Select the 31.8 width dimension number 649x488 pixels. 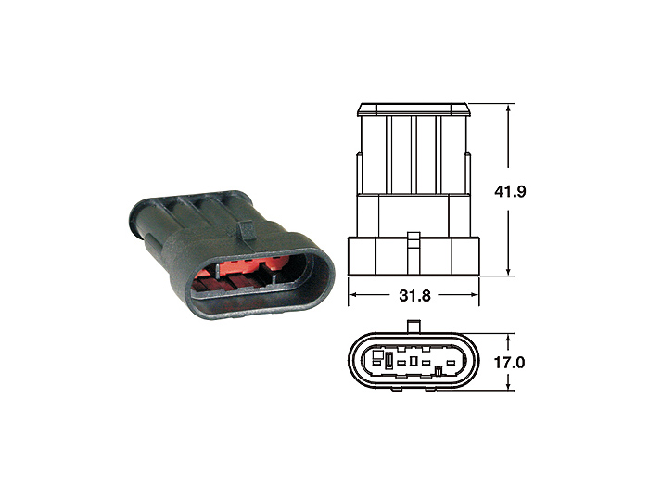[x=414, y=298]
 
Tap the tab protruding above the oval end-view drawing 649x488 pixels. [x=414, y=325]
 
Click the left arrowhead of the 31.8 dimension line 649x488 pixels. [x=352, y=298]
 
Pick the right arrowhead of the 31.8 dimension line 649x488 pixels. [x=476, y=298]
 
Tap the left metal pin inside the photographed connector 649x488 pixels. [x=216, y=269]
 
